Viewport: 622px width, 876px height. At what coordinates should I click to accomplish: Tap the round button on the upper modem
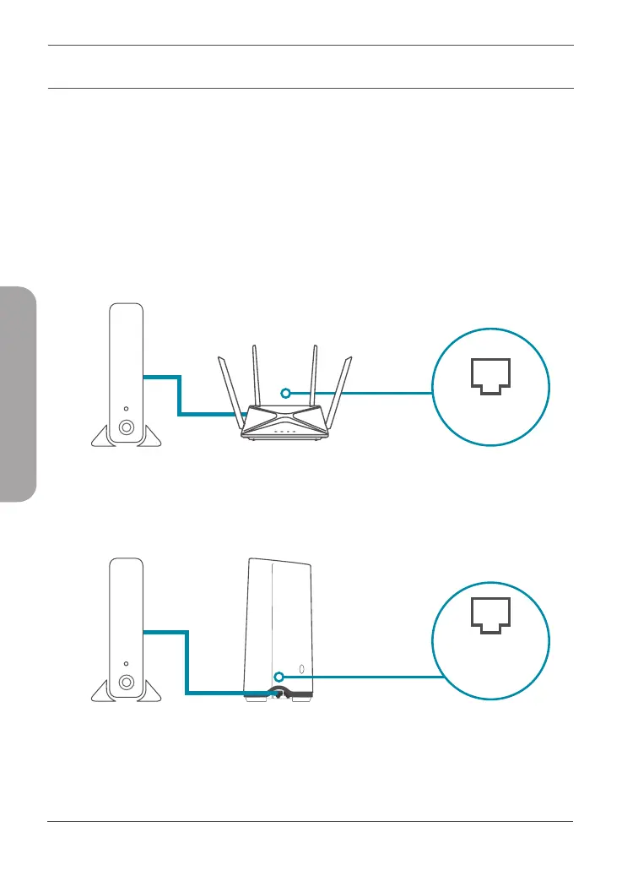click(126, 427)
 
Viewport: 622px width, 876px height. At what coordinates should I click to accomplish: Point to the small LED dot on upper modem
click(126, 406)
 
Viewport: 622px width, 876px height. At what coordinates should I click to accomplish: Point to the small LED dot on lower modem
click(126, 662)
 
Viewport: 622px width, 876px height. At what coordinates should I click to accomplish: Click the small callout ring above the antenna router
click(286, 393)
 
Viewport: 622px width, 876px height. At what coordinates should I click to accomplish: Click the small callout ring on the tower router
click(279, 675)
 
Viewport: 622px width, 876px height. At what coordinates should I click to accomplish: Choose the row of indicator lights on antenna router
click(284, 433)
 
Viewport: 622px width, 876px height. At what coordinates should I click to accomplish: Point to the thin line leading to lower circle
click(371, 676)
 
